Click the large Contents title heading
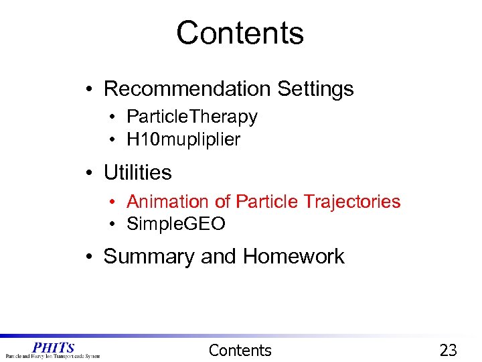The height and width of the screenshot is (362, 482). (240, 33)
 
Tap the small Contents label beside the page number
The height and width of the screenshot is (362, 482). (240, 350)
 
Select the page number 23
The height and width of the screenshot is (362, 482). (448, 350)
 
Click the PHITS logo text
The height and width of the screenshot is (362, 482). (53, 347)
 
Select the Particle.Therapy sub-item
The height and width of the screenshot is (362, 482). (191, 117)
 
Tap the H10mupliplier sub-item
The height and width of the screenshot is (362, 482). (183, 139)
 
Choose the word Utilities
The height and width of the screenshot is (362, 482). (137, 173)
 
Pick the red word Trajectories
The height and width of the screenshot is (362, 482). (351, 202)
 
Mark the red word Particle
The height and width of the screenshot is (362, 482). (267, 202)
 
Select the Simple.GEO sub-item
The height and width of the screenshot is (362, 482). (175, 224)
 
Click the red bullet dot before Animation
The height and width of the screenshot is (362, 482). (114, 202)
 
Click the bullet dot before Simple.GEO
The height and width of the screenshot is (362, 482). (114, 225)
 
